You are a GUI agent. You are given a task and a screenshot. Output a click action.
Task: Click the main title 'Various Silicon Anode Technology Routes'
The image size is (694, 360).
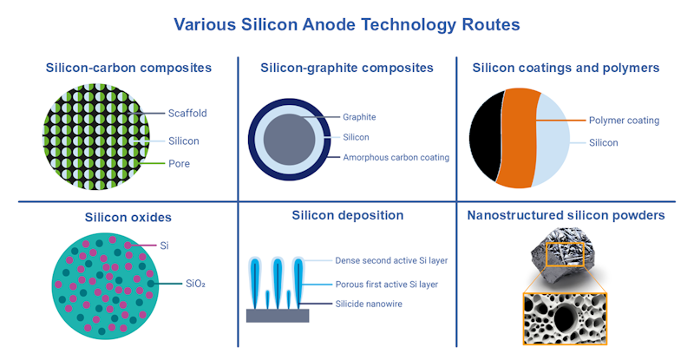pyautogui.click(x=346, y=24)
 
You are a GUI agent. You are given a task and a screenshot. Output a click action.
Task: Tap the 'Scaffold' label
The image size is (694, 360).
pyautogui.click(x=187, y=113)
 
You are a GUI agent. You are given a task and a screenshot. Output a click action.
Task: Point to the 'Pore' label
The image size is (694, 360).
pyautogui.click(x=180, y=162)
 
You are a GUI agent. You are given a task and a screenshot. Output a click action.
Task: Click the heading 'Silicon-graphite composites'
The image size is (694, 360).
pyautogui.click(x=347, y=67)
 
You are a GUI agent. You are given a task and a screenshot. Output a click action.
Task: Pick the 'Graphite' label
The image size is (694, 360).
pyautogui.click(x=359, y=117)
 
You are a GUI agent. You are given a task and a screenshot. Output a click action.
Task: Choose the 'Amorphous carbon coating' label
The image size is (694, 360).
pyautogui.click(x=396, y=157)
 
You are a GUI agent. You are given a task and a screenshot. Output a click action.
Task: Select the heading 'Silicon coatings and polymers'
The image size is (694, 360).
pyautogui.click(x=566, y=67)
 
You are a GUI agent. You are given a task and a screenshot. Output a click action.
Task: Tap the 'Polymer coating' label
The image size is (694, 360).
pyautogui.click(x=624, y=121)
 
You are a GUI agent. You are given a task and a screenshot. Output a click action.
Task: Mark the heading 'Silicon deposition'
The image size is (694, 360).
pyautogui.click(x=347, y=216)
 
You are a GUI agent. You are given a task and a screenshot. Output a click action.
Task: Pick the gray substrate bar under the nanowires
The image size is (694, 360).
pyautogui.click(x=277, y=315)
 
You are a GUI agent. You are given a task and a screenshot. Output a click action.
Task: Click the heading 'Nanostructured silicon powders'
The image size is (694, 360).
pyautogui.click(x=566, y=216)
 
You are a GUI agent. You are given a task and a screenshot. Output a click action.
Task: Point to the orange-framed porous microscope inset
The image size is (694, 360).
pyautogui.click(x=564, y=318)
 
